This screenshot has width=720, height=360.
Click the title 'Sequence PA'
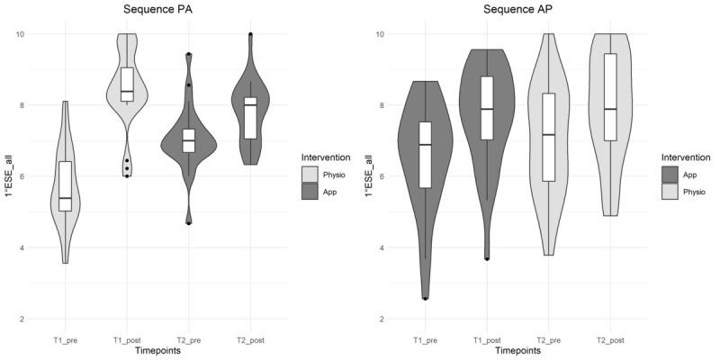(x=155, y=10)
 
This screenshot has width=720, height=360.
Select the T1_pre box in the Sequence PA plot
(x=65, y=186)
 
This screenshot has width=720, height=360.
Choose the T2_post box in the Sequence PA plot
(x=250, y=118)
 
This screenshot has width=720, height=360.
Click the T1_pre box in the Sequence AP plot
(x=425, y=155)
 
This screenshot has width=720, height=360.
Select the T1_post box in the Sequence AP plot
(x=487, y=108)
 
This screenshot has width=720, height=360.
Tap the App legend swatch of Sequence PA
(x=310, y=192)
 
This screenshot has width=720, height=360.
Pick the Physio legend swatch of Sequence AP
(x=670, y=192)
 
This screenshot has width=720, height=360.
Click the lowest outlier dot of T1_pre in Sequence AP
(x=425, y=298)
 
